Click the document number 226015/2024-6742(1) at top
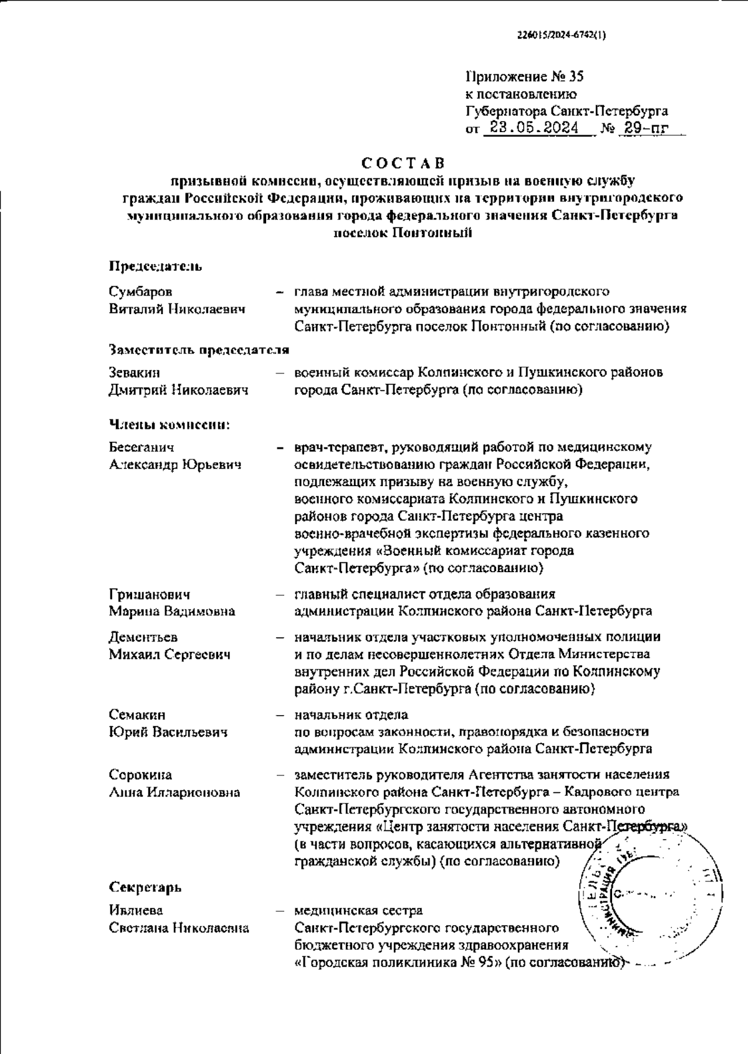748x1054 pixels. (x=562, y=36)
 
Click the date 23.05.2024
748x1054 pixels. (x=535, y=129)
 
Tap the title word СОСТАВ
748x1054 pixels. (x=404, y=164)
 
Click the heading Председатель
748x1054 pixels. (x=156, y=267)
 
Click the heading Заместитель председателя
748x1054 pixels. (x=199, y=350)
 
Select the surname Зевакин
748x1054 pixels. (x=134, y=373)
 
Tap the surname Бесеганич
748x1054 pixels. (x=141, y=448)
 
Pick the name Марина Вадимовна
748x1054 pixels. (x=172, y=611)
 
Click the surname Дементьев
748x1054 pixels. (x=143, y=638)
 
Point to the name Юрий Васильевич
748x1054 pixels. (x=168, y=732)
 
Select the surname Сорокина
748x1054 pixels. (x=141, y=775)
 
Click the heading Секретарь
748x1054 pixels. (x=145, y=887)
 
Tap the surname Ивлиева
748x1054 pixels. (x=136, y=911)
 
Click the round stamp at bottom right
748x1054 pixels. (x=648, y=898)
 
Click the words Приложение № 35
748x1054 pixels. (x=524, y=77)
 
